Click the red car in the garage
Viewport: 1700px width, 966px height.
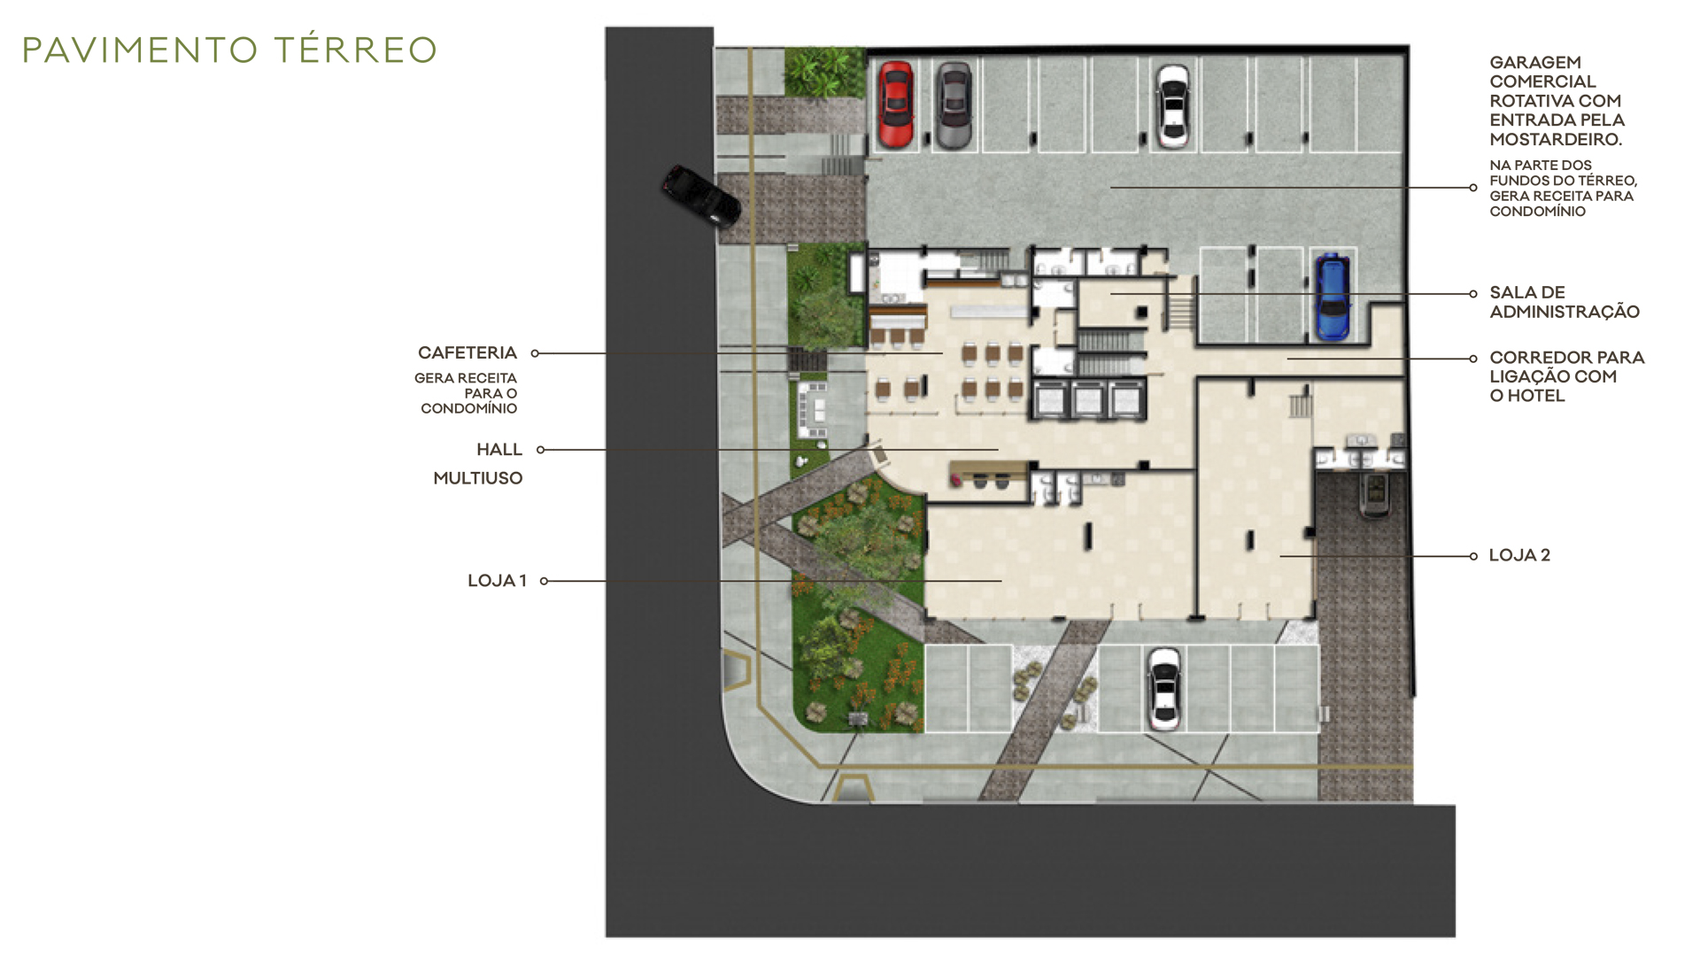tap(895, 104)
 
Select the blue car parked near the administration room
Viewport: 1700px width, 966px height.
tap(1332, 298)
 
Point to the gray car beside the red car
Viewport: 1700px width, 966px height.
tap(954, 104)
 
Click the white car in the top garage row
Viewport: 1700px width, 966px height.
tap(1173, 105)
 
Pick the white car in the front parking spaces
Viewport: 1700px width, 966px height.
tap(1164, 688)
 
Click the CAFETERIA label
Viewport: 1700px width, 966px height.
tap(467, 352)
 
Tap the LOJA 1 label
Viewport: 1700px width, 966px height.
tap(497, 581)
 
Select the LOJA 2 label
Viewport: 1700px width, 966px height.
tap(1519, 555)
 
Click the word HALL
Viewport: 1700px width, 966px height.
tap(499, 450)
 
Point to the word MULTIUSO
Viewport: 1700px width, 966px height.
tap(478, 478)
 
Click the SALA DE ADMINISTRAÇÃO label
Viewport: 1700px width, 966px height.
tap(1565, 302)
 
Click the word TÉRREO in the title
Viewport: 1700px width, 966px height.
tap(356, 50)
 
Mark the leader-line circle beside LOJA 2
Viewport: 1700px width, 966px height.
tap(1473, 556)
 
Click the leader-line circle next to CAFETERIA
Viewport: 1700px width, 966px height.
tap(535, 353)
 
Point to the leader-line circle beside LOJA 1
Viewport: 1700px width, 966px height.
tap(544, 581)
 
